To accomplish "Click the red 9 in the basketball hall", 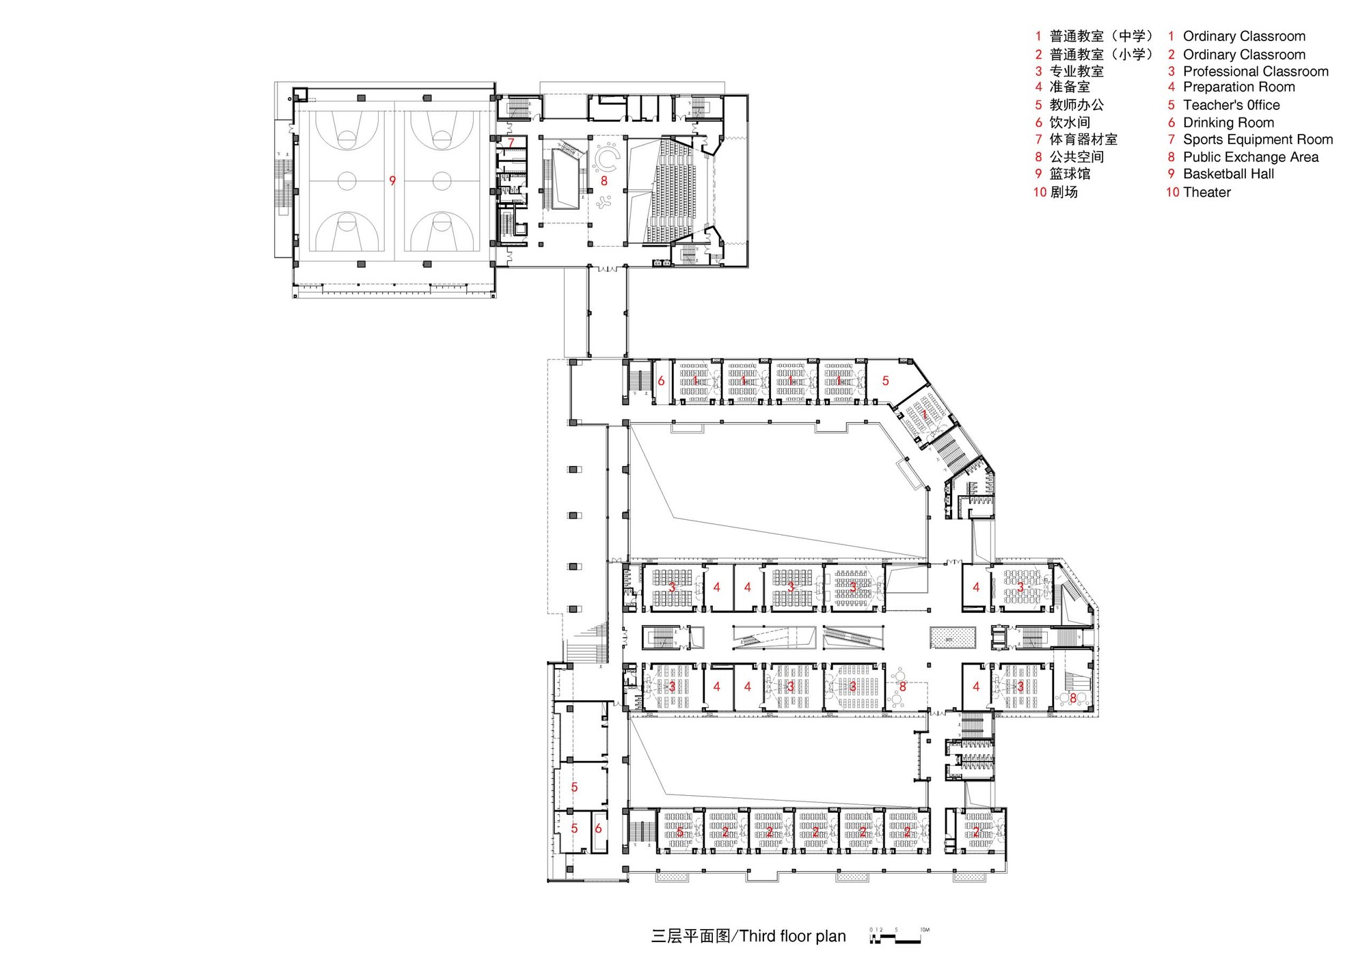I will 392,181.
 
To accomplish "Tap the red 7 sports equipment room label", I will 511,143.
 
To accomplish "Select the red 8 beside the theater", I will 604,181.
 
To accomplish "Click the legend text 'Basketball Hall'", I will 1228,174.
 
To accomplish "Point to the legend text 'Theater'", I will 1206,193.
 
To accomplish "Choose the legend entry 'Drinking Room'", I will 1228,123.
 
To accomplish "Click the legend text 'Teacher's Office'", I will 1231,105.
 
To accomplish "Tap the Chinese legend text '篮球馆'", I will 1070,174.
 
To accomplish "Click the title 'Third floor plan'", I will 792,936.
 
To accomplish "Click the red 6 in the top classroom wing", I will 661,381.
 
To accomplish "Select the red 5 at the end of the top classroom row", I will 885,381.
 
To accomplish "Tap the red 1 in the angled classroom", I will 924,414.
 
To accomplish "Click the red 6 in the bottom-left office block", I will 598,829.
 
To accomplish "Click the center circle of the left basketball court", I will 347,181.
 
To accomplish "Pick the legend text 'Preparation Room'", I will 1239,87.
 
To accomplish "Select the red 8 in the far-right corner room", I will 1073,698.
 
